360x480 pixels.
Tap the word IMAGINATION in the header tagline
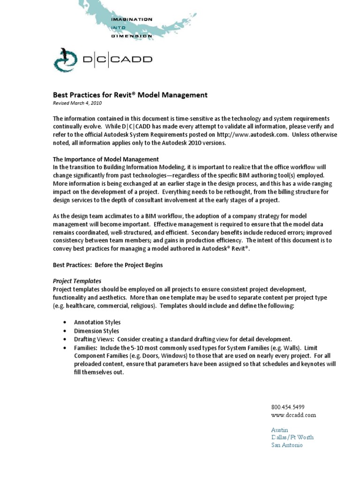pyautogui.click(x=131, y=20)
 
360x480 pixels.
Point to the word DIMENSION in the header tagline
pyautogui.click(x=132, y=35)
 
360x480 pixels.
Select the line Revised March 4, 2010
pyautogui.click(x=76, y=103)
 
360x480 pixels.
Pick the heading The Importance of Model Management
pyautogui.click(x=105, y=159)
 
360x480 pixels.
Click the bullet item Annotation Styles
pyautogui.click(x=97, y=322)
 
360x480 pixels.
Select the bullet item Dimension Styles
pyautogui.click(x=96, y=330)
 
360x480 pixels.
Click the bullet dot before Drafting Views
pyautogui.click(x=64, y=339)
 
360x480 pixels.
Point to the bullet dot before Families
pyautogui.click(x=64, y=347)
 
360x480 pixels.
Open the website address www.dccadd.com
pyautogui.click(x=293, y=415)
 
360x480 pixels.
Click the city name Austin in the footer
pyautogui.click(x=279, y=430)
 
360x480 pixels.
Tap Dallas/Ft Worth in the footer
pyautogui.click(x=292, y=437)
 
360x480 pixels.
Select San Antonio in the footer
pyautogui.click(x=287, y=445)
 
